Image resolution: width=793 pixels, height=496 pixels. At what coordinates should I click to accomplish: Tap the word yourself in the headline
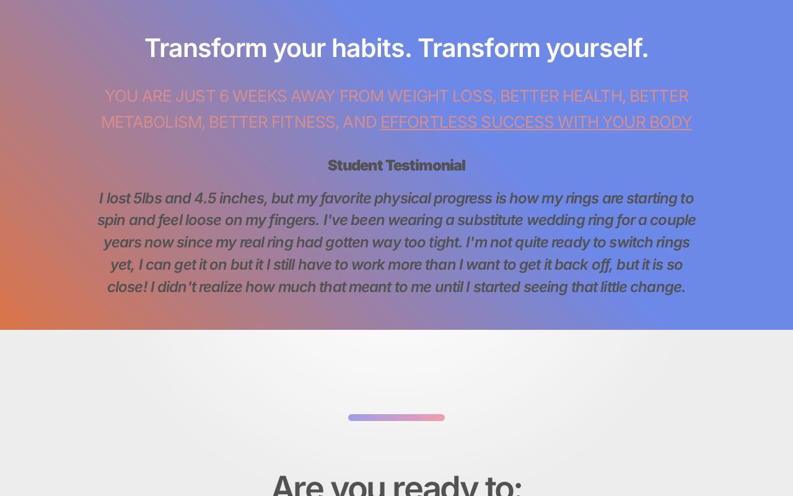point(597,48)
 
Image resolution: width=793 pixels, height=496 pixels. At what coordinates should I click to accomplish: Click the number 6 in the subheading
point(224,96)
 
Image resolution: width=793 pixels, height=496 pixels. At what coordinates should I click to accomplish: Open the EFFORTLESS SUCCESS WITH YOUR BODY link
point(536,122)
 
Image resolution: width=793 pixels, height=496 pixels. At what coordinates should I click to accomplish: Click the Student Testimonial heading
point(396,166)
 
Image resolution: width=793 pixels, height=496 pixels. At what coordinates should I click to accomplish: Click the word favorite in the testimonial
point(345,198)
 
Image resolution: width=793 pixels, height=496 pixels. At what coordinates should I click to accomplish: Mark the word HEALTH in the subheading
point(592,96)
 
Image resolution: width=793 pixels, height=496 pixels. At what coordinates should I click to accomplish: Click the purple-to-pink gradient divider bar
point(396,417)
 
